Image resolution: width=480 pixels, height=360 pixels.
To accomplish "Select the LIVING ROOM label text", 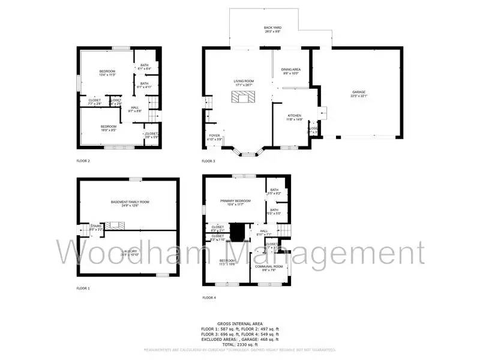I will click(244, 82).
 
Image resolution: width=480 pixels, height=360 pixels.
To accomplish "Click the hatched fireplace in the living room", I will click(244, 98).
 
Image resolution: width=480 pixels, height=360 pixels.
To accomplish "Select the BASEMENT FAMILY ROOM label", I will click(129, 203).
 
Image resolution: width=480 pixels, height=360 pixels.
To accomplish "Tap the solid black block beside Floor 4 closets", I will click(238, 230).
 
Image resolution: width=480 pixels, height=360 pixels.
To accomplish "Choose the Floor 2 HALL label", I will click(135, 109).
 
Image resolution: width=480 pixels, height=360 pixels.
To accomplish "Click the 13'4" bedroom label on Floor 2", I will click(107, 73).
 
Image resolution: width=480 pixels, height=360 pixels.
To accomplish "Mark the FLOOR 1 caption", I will click(83, 289).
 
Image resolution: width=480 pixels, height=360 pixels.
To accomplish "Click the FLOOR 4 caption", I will click(209, 298).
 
